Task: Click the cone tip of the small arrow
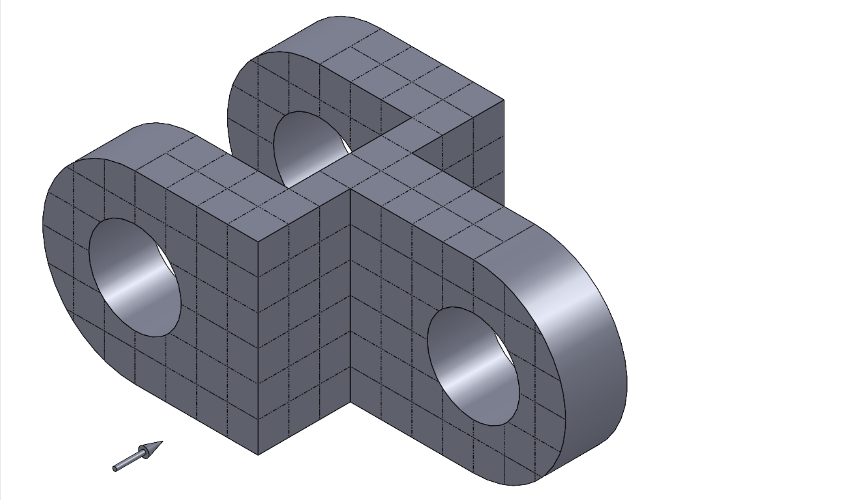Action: click(x=162, y=441)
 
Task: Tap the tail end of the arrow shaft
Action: click(x=115, y=469)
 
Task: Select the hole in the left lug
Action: click(x=135, y=277)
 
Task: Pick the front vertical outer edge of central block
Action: click(x=258, y=347)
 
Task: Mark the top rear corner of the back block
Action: click(x=504, y=100)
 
